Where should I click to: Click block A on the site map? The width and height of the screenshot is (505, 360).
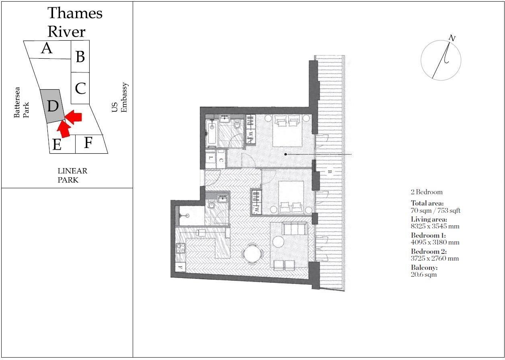pyautogui.click(x=47, y=49)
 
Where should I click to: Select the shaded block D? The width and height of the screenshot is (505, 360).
pyautogui.click(x=53, y=106)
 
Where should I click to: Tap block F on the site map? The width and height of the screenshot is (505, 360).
pyautogui.click(x=88, y=143)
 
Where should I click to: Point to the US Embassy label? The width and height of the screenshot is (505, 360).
pyautogui.click(x=120, y=98)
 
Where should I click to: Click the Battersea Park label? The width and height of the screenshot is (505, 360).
pyautogui.click(x=22, y=103)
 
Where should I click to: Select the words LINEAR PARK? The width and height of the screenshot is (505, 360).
pyautogui.click(x=72, y=175)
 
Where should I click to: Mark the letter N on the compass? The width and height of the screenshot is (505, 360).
pyautogui.click(x=452, y=38)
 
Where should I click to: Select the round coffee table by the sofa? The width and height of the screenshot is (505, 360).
pyautogui.click(x=279, y=242)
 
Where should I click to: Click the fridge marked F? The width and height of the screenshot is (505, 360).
pyautogui.click(x=180, y=267)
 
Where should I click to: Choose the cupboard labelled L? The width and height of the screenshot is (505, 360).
pyautogui.click(x=211, y=158)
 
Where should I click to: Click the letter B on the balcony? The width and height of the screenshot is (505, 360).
pyautogui.click(x=329, y=172)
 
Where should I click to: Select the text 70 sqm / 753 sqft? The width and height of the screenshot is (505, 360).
pyautogui.click(x=435, y=210)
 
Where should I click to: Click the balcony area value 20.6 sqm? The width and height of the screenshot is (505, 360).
pyautogui.click(x=423, y=275)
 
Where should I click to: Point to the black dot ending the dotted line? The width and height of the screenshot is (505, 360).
pyautogui.click(x=285, y=154)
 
